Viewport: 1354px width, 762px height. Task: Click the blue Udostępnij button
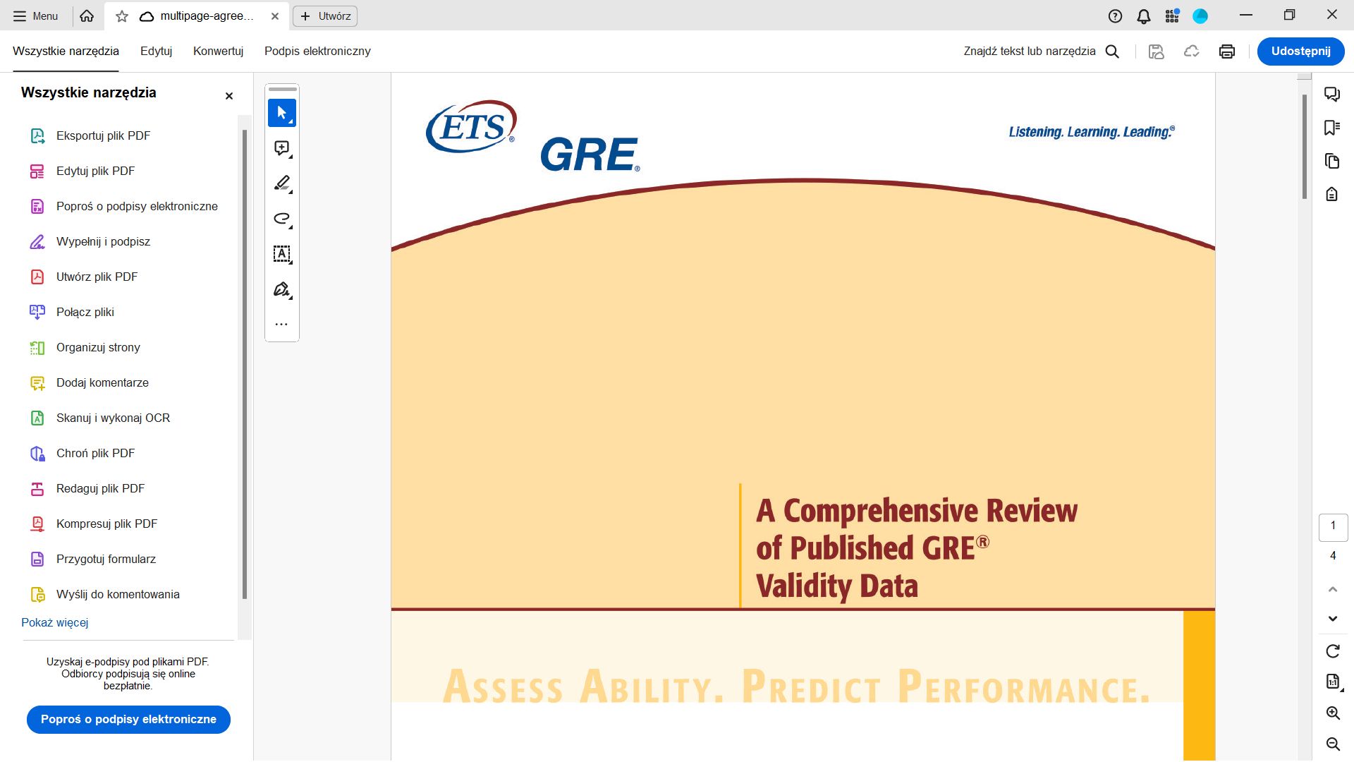pyautogui.click(x=1300, y=51)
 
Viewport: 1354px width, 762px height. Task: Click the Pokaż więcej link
pyautogui.click(x=54, y=622)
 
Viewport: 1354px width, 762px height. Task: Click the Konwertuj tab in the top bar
pyautogui.click(x=218, y=51)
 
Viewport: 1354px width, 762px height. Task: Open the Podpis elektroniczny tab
pyautogui.click(x=317, y=51)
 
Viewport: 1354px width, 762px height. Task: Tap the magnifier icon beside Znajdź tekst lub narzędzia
pyautogui.click(x=1112, y=52)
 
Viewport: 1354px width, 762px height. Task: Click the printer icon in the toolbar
pyautogui.click(x=1227, y=52)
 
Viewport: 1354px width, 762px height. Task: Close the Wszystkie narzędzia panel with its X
pyautogui.click(x=228, y=96)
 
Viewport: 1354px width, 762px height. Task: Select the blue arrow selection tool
pyautogui.click(x=282, y=113)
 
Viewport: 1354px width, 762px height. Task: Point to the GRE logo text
pyautogui.click(x=590, y=155)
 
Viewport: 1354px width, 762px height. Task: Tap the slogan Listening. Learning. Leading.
pyautogui.click(x=1092, y=132)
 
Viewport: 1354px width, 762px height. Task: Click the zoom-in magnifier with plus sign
pyautogui.click(x=1333, y=713)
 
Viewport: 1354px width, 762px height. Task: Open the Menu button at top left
pyautogui.click(x=36, y=16)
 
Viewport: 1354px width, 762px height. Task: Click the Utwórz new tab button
pyautogui.click(x=325, y=16)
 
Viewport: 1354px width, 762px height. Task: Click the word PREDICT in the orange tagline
pyautogui.click(x=812, y=687)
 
